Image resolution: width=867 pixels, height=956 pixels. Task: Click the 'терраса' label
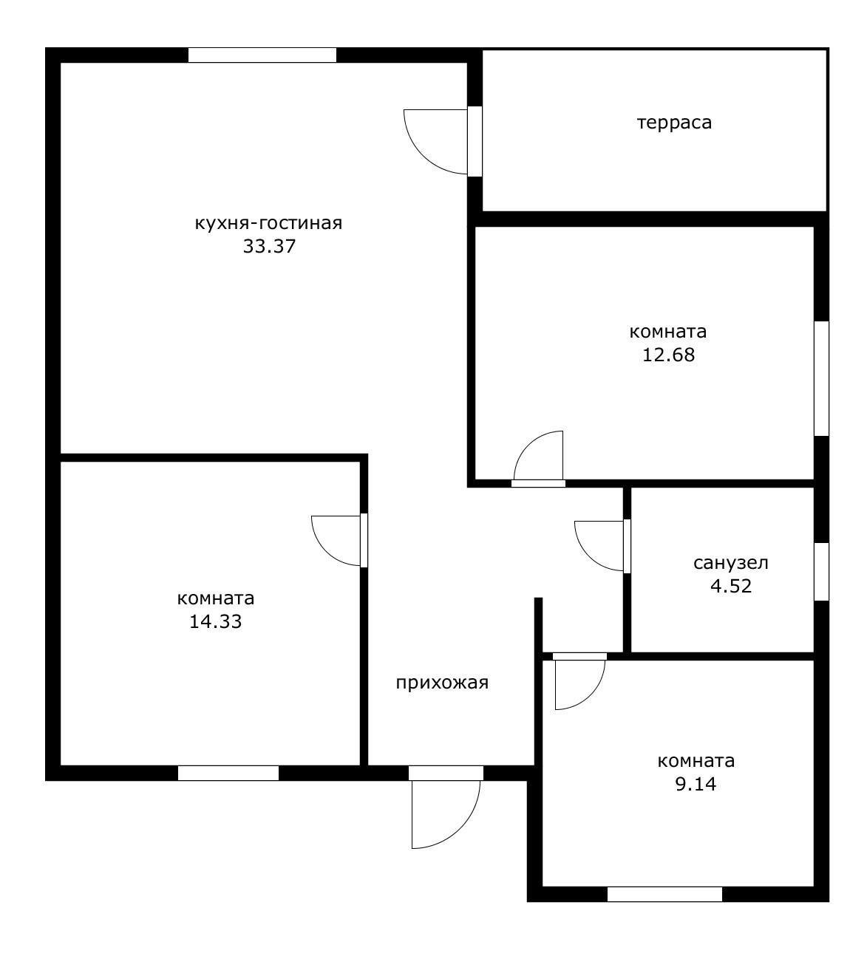674,122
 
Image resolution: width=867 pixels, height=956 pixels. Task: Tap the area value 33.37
269,247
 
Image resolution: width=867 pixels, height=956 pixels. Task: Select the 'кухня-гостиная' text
268,222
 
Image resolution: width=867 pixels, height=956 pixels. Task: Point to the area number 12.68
668,355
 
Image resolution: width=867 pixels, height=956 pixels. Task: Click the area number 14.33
216,621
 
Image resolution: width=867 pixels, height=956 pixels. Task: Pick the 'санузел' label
730,563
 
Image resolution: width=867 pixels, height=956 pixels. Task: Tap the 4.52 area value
730,587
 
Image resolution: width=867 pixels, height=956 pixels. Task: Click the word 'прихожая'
442,683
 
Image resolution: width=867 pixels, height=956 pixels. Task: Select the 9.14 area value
696,784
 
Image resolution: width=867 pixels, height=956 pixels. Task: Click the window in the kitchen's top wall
262,55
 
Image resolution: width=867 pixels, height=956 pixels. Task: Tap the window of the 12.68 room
821,378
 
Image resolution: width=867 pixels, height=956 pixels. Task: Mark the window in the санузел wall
821,571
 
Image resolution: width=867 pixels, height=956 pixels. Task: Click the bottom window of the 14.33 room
228,773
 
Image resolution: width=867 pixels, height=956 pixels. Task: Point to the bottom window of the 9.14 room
664,894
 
